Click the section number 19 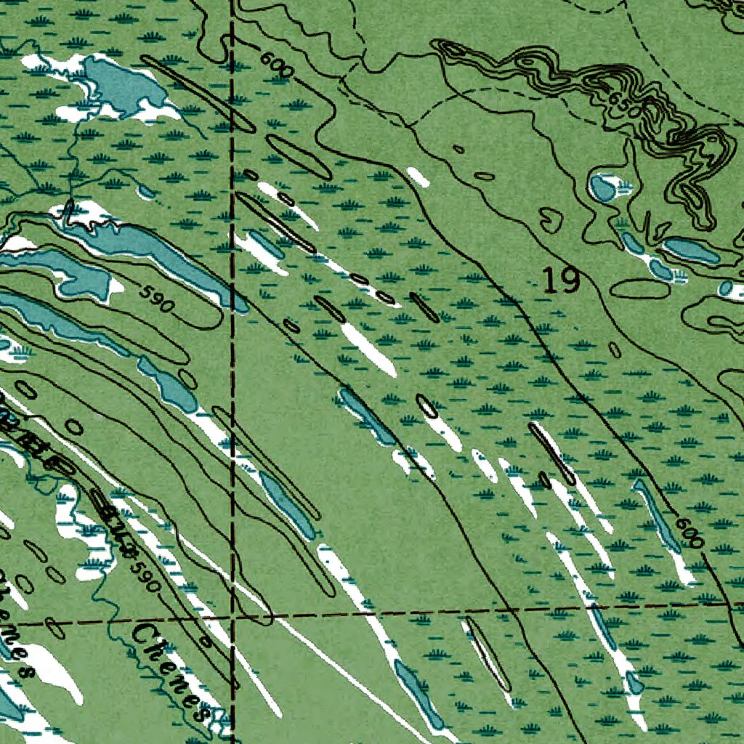pos(562,280)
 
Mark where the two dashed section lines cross pos(232,619)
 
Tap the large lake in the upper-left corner pos(120,85)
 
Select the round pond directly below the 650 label pos(602,188)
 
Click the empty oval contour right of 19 pos(639,288)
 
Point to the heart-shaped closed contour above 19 pos(551,217)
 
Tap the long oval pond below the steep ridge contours pos(691,250)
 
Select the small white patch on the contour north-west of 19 pos(417,176)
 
